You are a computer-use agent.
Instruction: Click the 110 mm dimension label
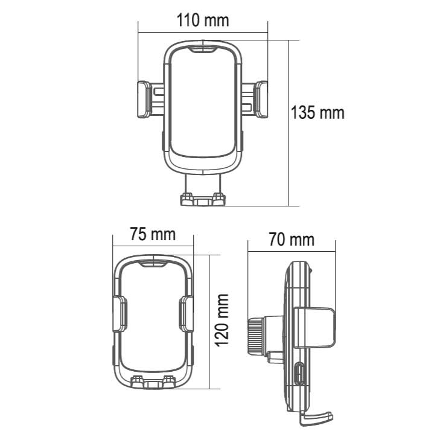click(x=203, y=21)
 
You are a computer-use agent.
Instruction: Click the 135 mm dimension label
click(x=317, y=113)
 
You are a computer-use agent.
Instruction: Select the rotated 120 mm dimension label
click(x=222, y=320)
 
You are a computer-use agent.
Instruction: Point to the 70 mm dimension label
click(x=292, y=240)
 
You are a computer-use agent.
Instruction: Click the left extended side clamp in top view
click(x=144, y=99)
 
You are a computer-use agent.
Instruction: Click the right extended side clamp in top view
click(x=261, y=99)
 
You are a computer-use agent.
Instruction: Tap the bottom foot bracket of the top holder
click(x=203, y=199)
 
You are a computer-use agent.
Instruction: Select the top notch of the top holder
click(x=203, y=48)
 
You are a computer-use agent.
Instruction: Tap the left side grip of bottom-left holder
click(x=120, y=314)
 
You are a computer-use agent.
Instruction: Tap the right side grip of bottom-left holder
click(x=186, y=314)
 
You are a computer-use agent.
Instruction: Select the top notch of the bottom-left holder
click(x=153, y=263)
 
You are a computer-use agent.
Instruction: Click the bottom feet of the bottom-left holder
click(x=153, y=382)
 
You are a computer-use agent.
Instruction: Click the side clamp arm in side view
click(x=315, y=327)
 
